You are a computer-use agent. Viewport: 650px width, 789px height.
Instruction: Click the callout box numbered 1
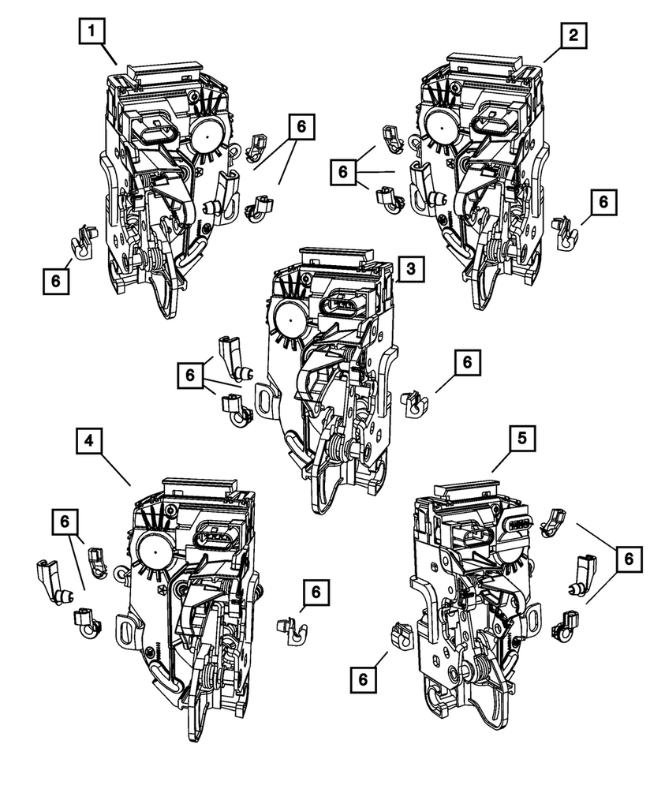tap(94, 33)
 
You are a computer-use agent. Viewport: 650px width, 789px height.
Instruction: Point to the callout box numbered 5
tap(523, 439)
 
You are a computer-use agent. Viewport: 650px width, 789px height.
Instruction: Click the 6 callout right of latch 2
tap(603, 202)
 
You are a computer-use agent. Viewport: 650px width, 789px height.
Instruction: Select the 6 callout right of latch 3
tap(467, 362)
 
